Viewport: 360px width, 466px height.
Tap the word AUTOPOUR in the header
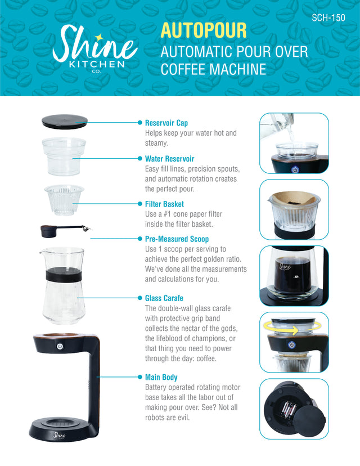204,30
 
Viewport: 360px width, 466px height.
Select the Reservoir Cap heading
166,123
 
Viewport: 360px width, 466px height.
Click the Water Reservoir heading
169,159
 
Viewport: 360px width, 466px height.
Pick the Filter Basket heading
164,204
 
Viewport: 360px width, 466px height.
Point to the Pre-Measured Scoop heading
177,239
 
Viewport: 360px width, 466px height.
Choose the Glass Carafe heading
164,298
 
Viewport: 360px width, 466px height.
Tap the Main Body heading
161,377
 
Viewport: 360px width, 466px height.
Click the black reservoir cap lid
65,120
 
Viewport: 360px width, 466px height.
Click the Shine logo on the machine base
59,434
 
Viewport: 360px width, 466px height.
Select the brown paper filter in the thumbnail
295,198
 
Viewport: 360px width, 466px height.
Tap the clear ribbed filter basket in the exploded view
64,200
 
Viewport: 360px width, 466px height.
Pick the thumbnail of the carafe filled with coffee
294,275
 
